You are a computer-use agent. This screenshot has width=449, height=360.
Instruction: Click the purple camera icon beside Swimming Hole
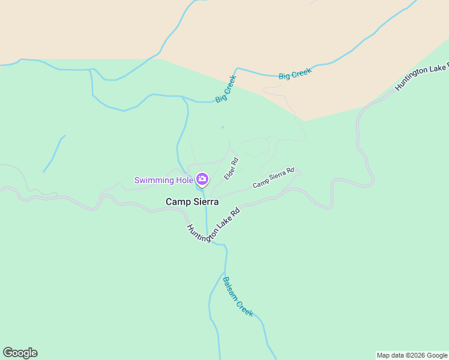[x=202, y=179]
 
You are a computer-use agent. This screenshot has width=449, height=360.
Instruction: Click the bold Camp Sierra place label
[x=192, y=202]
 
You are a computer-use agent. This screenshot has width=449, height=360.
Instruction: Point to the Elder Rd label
[x=231, y=169]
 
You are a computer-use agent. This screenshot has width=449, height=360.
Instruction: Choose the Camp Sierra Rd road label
[x=274, y=178]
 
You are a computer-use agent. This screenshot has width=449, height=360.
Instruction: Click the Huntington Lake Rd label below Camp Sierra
[x=213, y=226]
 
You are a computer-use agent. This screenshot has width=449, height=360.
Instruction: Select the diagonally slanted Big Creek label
[x=226, y=89]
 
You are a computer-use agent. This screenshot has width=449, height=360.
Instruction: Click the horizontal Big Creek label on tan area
[x=295, y=74]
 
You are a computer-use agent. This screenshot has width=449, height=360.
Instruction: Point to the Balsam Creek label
[x=238, y=296]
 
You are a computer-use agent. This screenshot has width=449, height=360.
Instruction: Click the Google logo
[x=20, y=353]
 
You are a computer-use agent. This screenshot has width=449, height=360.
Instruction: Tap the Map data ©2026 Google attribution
[x=412, y=355]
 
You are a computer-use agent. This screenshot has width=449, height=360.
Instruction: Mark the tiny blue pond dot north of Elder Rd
[x=222, y=127]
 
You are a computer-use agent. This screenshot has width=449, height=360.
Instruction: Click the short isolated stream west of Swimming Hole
[x=53, y=154]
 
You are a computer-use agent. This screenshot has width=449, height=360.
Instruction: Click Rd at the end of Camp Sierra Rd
[x=290, y=171]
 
